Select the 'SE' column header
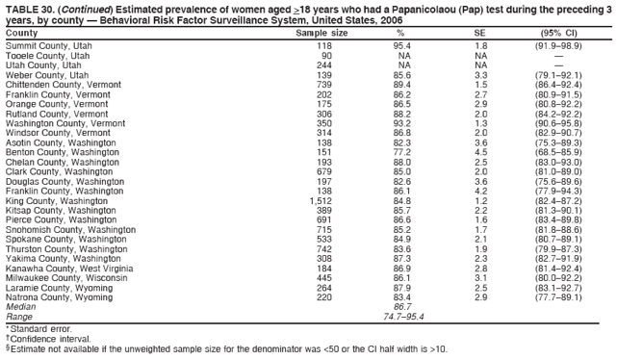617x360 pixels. coord(481,33)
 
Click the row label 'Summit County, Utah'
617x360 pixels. coord(48,45)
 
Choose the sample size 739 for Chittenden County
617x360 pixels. coord(324,84)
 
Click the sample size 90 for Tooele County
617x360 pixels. coord(325,55)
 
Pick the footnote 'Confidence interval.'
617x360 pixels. coord(46,338)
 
